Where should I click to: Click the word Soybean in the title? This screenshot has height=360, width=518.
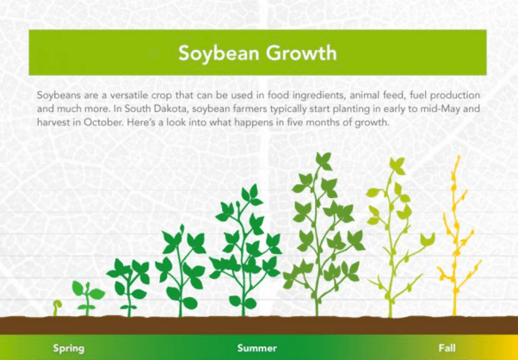(219, 53)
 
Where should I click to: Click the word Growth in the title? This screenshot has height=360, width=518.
(302, 53)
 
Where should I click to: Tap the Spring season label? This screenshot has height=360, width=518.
(69, 349)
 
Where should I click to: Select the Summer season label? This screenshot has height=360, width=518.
(256, 348)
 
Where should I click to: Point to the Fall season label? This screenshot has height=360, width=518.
(447, 348)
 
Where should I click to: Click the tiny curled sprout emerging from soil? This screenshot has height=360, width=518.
(58, 307)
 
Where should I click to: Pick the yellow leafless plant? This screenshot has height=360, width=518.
(456, 236)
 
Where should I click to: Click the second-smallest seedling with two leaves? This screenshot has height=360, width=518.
(87, 298)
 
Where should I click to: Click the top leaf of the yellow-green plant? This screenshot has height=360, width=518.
(398, 165)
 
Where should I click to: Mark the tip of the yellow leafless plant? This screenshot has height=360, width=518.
(459, 156)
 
